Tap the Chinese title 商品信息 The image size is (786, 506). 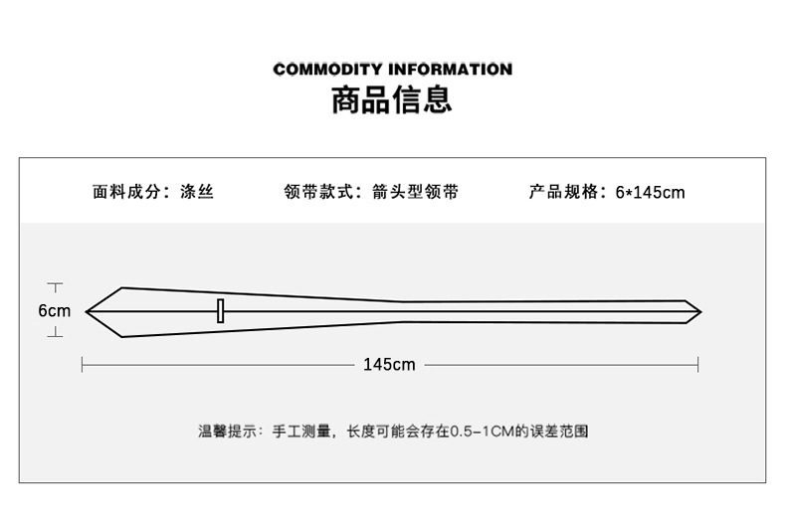(x=392, y=99)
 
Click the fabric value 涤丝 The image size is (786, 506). (x=197, y=192)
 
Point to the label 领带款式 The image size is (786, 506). (x=315, y=192)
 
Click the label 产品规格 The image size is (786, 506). (x=560, y=192)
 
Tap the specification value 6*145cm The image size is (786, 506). (x=651, y=193)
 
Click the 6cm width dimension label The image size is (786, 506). (x=55, y=311)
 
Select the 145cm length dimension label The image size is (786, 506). (x=389, y=365)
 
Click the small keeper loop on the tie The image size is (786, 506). (x=220, y=310)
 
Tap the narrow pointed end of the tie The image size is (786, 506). (x=697, y=311)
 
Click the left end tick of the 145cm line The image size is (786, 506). (x=82, y=365)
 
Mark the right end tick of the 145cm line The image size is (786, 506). (x=697, y=365)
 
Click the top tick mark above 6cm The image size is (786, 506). (x=56, y=285)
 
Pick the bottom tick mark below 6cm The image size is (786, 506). (x=56, y=336)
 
